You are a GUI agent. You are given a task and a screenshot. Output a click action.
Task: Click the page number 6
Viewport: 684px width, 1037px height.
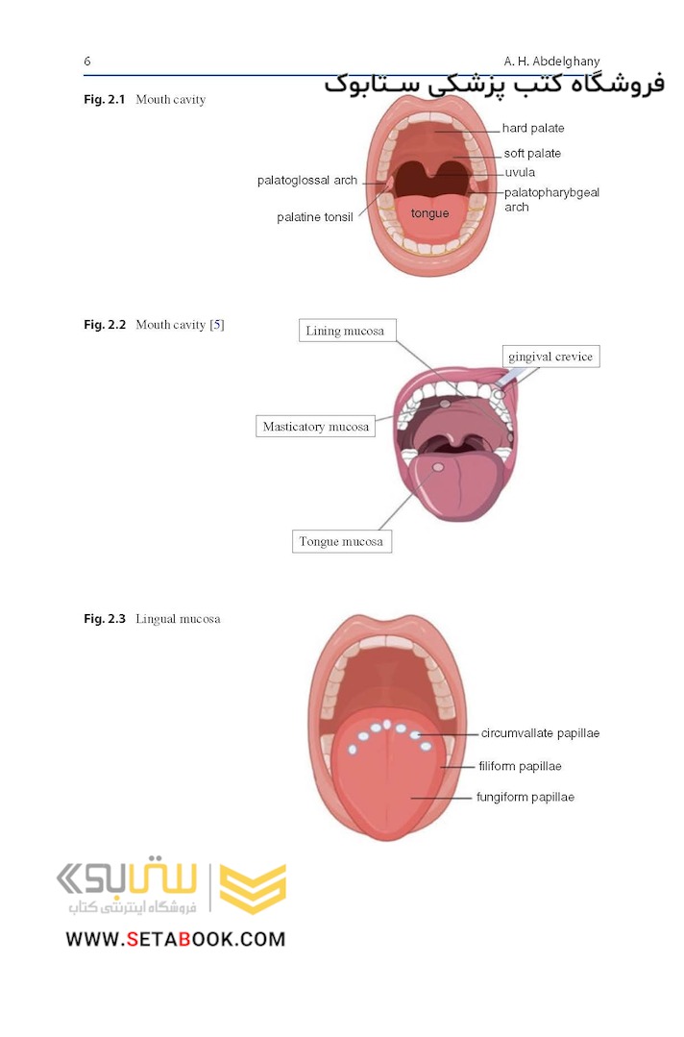[87, 61]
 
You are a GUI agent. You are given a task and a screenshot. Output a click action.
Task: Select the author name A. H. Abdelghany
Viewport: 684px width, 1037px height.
[551, 62]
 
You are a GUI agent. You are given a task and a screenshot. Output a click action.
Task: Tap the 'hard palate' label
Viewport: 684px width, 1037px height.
[532, 128]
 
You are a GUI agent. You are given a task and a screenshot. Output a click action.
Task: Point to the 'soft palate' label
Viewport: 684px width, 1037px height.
[532, 154]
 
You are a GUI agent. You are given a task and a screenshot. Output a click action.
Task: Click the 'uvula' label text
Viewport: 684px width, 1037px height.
[520, 173]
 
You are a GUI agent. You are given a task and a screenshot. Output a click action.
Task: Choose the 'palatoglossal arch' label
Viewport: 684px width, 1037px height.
[307, 181]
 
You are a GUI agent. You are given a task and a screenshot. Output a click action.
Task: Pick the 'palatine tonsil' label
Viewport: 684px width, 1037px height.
[314, 217]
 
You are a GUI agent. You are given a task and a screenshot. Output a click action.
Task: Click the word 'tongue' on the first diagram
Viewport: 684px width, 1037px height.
[429, 213]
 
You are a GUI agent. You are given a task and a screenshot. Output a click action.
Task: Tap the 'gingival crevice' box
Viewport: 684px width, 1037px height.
[550, 357]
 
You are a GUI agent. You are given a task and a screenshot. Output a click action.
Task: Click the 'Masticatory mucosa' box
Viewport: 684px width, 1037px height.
[316, 427]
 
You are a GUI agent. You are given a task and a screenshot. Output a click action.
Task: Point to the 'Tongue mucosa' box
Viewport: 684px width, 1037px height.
[342, 542]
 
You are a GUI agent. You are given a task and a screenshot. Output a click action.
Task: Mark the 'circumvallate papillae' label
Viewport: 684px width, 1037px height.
[540, 733]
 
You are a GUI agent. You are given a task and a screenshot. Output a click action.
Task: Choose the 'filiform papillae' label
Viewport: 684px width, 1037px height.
[520, 767]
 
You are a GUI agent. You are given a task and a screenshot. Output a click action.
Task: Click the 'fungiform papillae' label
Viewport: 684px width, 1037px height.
[525, 798]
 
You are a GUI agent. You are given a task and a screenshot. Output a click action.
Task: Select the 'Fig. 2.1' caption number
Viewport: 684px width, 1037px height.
[105, 100]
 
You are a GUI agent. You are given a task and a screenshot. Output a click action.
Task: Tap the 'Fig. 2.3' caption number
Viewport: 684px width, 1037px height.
[105, 619]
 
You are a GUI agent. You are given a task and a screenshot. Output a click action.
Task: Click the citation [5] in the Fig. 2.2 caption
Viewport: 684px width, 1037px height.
[217, 325]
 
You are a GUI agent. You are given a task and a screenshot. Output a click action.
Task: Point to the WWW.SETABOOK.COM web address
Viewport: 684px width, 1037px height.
[176, 940]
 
